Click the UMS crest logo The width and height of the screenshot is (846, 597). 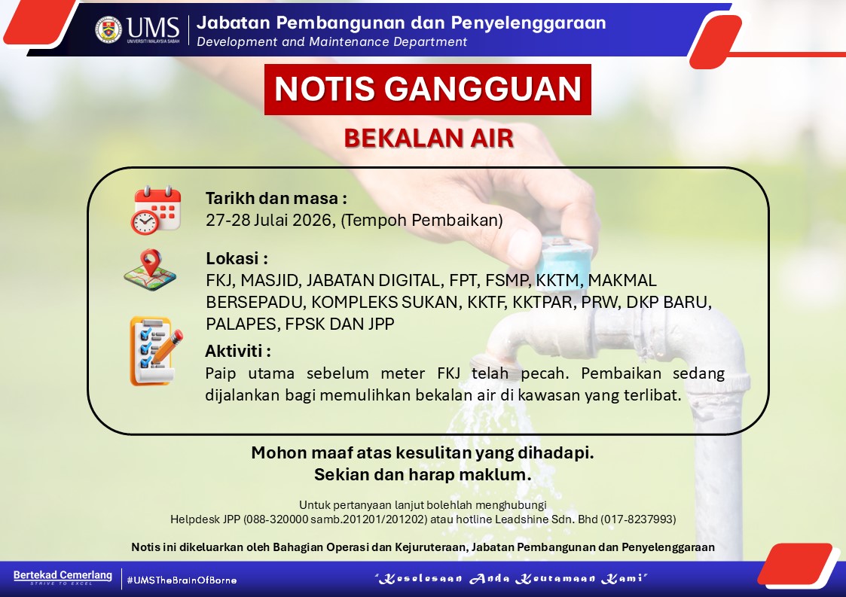click(x=108, y=29)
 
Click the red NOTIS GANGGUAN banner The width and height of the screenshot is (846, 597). click(x=427, y=90)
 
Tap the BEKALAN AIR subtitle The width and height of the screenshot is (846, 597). click(x=429, y=138)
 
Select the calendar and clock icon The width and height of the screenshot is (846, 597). click(x=156, y=210)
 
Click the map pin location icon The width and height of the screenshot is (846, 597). click(x=150, y=270)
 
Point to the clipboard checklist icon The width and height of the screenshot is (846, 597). click(x=156, y=351)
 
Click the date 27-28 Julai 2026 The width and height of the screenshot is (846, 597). click(x=269, y=221)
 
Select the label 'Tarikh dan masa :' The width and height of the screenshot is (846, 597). click(x=276, y=199)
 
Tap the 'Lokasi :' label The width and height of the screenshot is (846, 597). click(x=237, y=258)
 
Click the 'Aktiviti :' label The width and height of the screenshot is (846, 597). click(x=238, y=351)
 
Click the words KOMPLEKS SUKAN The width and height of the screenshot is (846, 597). click(x=385, y=302)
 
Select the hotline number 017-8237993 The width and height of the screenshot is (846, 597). click(x=638, y=519)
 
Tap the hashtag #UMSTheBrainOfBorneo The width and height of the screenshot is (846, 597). click(x=182, y=580)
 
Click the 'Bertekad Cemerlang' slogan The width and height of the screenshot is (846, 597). click(x=63, y=575)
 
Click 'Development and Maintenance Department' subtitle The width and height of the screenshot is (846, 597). click(x=331, y=42)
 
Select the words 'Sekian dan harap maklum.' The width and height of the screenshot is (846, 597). click(x=423, y=474)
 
